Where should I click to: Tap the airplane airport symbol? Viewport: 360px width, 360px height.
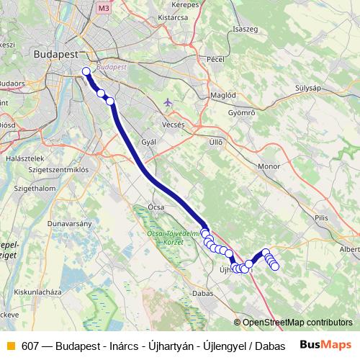coord(168,102)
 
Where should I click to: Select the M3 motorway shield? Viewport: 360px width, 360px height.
coord(105,8)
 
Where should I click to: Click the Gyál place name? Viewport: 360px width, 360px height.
coord(149,142)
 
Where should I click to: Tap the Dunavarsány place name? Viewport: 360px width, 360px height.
coord(68,224)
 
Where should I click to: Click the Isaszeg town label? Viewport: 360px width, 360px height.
coord(246,29)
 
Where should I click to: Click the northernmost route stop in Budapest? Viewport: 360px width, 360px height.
coord(86,71)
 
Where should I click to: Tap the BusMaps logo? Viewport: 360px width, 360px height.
coord(325,345)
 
